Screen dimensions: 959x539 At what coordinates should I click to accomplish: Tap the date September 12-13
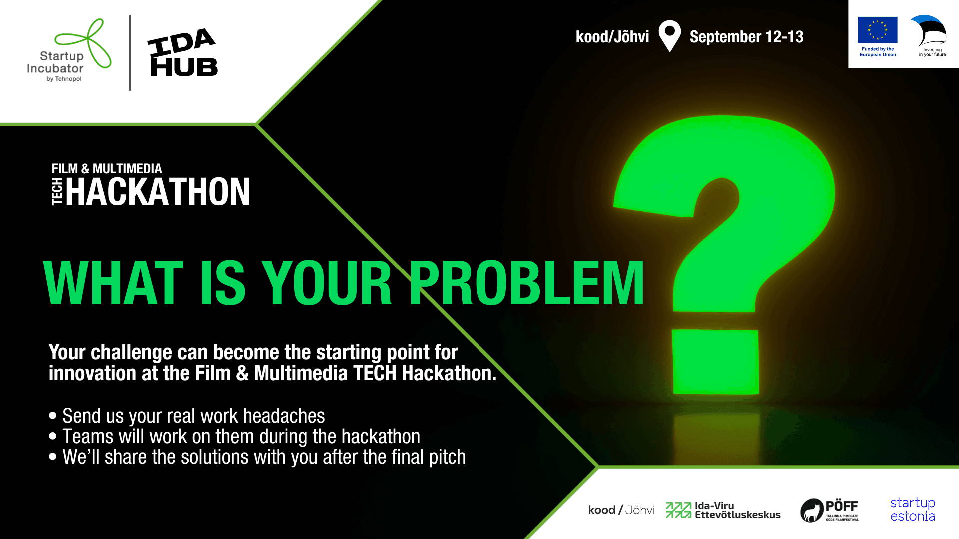click(x=746, y=37)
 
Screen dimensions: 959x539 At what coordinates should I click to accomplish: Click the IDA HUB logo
click(x=183, y=52)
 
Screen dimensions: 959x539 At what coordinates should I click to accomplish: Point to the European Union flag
click(x=878, y=30)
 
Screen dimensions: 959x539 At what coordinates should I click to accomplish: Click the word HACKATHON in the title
click(x=158, y=192)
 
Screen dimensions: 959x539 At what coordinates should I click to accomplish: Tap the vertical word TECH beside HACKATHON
click(x=57, y=192)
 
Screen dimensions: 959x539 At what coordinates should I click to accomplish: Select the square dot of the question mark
click(x=715, y=362)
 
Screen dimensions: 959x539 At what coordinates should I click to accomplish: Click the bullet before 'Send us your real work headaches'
click(x=53, y=416)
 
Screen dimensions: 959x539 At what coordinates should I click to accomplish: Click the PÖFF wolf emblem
click(x=812, y=511)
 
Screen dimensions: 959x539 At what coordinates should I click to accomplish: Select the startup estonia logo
click(x=913, y=509)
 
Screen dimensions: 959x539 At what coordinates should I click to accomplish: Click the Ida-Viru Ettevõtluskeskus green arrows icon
click(x=678, y=510)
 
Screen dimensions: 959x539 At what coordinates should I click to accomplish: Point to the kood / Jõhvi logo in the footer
click(x=621, y=510)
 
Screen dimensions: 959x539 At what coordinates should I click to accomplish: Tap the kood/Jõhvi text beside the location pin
click(x=612, y=37)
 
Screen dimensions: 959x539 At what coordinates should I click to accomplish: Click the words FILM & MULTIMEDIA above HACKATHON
click(x=107, y=169)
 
